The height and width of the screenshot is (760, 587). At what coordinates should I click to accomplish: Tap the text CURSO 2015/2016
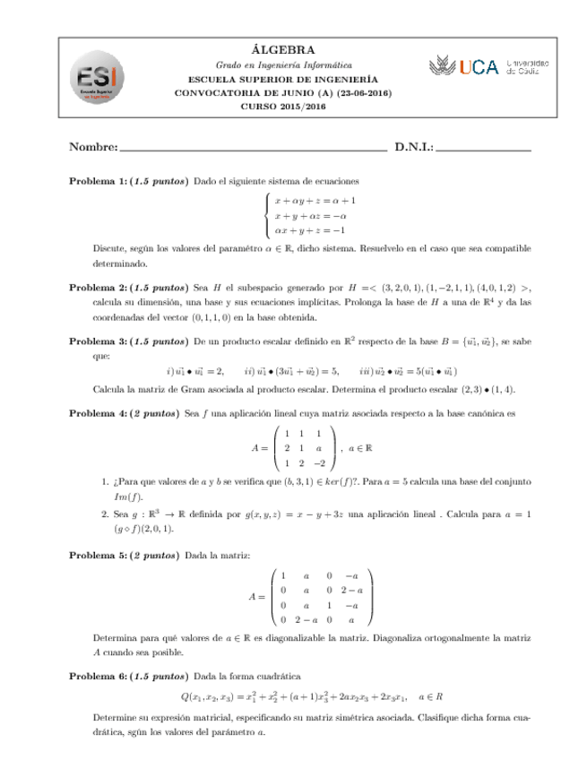tap(283, 107)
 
